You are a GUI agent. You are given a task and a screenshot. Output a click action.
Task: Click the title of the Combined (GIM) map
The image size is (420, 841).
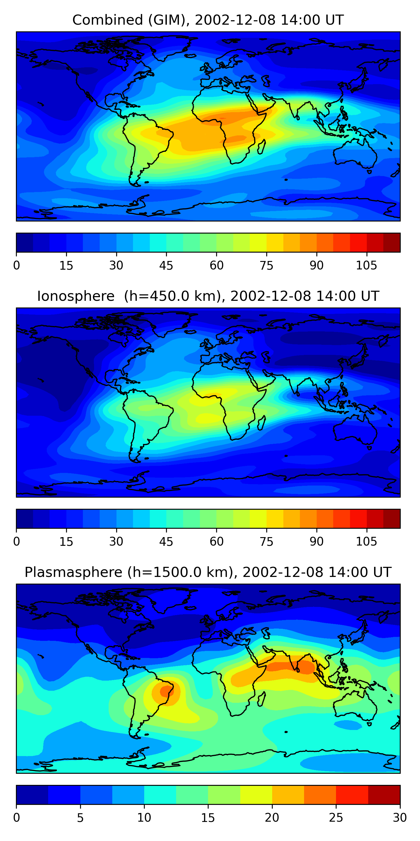[x=208, y=20]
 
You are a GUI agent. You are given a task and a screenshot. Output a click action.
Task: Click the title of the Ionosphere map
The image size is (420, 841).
[x=208, y=296]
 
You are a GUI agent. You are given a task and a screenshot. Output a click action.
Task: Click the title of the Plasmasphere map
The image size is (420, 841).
[x=208, y=572]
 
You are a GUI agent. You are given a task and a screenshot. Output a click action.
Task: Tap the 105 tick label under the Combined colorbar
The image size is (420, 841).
[x=366, y=265]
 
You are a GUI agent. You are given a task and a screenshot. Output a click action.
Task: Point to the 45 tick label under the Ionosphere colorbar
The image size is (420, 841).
[x=166, y=542]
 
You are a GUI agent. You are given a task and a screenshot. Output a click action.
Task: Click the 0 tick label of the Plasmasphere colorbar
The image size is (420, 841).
[x=17, y=817]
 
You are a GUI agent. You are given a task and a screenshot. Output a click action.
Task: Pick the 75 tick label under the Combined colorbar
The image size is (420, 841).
[x=266, y=265]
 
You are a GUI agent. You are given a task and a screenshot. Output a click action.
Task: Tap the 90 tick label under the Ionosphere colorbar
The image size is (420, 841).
[x=316, y=542]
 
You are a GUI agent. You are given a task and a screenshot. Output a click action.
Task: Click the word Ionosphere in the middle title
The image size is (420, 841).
[x=76, y=296]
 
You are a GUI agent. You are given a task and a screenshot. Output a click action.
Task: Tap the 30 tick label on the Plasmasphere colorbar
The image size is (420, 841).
[x=400, y=817]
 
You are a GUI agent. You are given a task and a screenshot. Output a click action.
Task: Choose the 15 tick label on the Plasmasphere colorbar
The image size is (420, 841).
[x=208, y=817]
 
